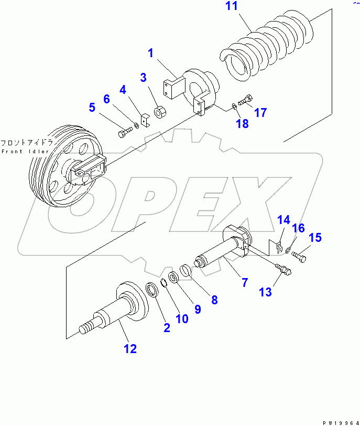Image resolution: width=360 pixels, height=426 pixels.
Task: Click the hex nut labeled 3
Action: pyautogui.click(x=160, y=113)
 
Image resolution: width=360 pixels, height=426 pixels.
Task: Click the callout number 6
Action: pyautogui.click(x=106, y=99)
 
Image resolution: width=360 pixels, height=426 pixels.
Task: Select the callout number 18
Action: pyautogui.click(x=242, y=124)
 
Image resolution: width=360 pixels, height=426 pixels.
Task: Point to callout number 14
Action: pyautogui.click(x=283, y=219)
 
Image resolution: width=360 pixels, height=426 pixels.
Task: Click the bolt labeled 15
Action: pyautogui.click(x=298, y=257)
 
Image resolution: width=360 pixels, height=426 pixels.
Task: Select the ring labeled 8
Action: pyautogui.click(x=186, y=271)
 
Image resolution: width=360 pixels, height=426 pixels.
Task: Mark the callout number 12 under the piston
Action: pyautogui.click(x=129, y=348)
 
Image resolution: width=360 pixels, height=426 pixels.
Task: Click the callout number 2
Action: pyautogui.click(x=166, y=328)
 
